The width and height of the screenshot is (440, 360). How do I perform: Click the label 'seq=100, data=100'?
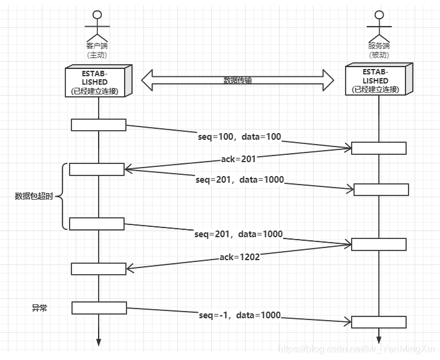tap(239, 137)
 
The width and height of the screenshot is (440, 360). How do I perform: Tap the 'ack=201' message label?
tap(238, 159)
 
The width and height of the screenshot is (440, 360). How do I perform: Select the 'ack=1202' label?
tap(240, 257)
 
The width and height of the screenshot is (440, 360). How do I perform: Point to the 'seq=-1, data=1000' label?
tap(240, 315)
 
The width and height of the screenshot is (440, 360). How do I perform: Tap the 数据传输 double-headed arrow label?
tap(238, 80)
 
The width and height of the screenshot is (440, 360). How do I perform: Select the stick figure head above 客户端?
tap(97, 15)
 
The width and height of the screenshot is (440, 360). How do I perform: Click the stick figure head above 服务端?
tap(379, 15)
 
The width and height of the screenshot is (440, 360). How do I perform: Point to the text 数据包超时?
tap(34, 196)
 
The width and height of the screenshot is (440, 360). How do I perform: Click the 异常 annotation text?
tap(39, 308)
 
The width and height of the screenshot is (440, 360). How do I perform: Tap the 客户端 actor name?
tap(97, 46)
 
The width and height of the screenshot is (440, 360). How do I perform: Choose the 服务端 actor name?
tap(379, 46)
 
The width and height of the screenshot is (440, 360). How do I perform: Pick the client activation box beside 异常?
tap(99, 308)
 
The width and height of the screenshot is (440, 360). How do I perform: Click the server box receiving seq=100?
tap(379, 148)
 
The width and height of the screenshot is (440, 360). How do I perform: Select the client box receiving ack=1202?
tap(99, 269)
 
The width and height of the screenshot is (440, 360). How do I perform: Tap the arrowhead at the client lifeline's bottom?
tap(99, 342)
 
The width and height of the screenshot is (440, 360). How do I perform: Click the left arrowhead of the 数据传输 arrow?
tap(146, 80)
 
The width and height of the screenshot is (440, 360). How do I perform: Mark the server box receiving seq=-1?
tap(379, 322)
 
